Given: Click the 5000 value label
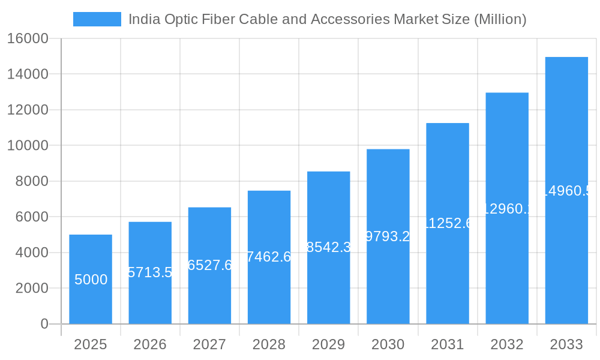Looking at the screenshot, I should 91,280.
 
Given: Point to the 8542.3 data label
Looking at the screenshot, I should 328,247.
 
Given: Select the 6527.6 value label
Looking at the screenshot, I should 209,265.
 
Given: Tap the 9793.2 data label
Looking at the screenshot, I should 388,236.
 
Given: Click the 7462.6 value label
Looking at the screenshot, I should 269,257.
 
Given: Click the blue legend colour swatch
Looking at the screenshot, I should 97,19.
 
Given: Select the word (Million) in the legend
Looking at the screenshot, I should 500,19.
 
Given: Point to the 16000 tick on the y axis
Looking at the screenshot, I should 28,39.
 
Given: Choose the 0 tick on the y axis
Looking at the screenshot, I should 44,324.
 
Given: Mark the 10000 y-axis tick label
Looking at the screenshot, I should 28,146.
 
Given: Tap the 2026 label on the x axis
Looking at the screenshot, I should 150,344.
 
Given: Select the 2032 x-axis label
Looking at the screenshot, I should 507,344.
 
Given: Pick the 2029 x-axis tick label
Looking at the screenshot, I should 328,344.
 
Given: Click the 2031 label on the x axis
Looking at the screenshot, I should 448,344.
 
